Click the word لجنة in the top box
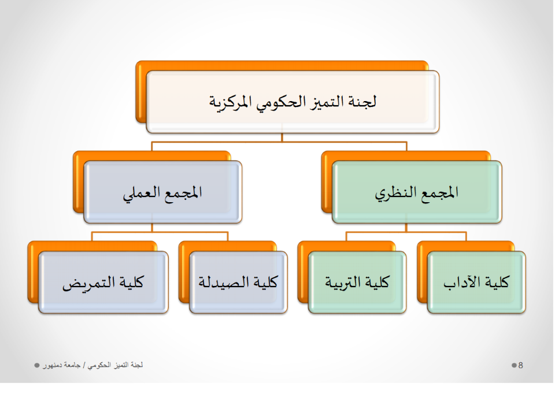point(363,102)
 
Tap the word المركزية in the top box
point(230,103)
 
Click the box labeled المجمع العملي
point(163,192)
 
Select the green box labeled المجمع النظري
point(417,192)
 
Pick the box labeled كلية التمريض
point(103,282)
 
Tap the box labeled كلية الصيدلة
point(238,282)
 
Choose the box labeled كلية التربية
point(357,282)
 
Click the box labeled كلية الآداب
point(476,282)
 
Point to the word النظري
point(395,194)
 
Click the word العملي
point(141,194)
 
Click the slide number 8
point(521,365)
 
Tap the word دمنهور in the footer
point(53,365)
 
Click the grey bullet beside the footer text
point(37,365)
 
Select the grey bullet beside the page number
point(514,365)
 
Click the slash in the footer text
point(84,365)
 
